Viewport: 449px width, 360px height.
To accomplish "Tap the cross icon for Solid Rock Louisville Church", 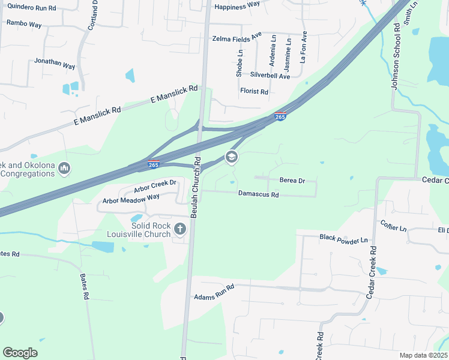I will [179, 229].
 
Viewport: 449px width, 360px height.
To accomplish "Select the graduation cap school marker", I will [231, 157].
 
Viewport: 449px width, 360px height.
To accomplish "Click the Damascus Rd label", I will [259, 194].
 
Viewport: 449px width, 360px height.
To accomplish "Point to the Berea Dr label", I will [292, 180].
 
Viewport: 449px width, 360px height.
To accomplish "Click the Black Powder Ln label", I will [343, 239].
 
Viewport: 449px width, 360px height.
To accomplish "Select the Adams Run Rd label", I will [214, 292].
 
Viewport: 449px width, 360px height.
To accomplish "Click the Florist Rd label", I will [253, 92].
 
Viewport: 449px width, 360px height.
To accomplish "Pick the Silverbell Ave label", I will [270, 76].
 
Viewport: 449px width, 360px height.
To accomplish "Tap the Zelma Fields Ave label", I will [237, 38].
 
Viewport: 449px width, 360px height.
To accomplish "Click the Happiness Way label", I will [237, 5].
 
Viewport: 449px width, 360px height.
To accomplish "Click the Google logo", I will [20, 352].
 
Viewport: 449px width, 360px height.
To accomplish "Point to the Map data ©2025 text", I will [423, 355].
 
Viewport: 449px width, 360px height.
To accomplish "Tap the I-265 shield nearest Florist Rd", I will [280, 116].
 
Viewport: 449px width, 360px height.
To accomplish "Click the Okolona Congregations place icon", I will [65, 169].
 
